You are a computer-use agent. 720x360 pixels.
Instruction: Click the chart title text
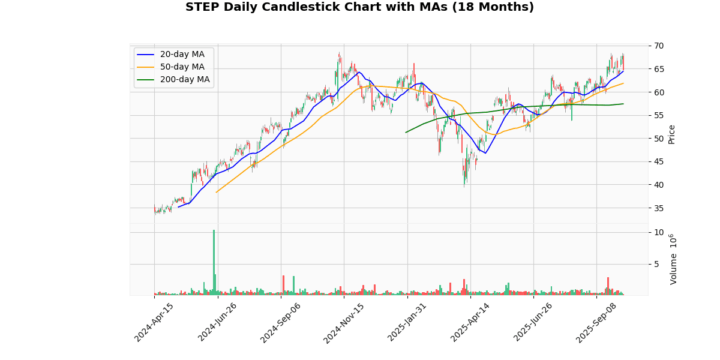click(359, 7)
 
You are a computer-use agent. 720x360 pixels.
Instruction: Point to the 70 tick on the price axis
click(659, 46)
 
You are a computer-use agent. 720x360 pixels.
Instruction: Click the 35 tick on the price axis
click(659, 208)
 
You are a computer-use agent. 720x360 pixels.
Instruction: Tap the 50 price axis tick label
click(659, 139)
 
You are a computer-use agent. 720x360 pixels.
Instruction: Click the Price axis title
click(672, 134)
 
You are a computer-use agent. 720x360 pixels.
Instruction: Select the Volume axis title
click(673, 259)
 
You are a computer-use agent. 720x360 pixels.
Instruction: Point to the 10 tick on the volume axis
click(659, 233)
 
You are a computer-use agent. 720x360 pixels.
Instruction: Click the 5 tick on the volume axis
click(657, 264)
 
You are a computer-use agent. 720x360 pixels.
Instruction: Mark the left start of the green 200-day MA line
click(406, 132)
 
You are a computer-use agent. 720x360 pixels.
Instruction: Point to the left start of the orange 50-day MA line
click(216, 192)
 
